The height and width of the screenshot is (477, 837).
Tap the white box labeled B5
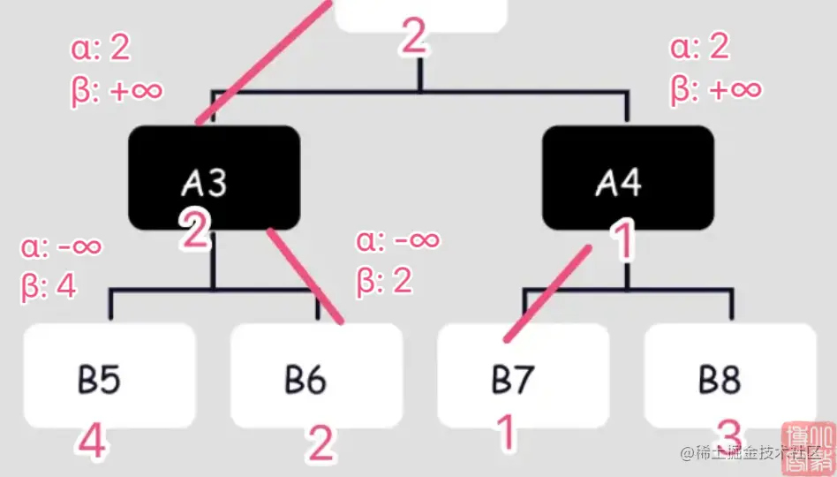tap(109, 375)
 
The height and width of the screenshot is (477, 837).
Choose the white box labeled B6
tap(316, 375)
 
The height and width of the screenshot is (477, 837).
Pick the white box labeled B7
tap(523, 375)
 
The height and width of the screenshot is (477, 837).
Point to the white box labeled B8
tap(730, 375)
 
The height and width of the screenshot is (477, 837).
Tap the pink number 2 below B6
tap(320, 444)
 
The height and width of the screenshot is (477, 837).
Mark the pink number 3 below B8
tap(728, 435)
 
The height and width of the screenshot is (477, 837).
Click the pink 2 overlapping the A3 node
tap(195, 230)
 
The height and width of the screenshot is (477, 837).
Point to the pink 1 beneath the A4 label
tap(623, 240)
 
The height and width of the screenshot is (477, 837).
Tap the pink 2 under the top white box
tap(413, 38)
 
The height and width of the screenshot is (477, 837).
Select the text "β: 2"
tap(384, 281)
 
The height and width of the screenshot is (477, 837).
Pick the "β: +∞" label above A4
tap(715, 88)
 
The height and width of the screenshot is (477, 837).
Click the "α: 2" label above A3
tap(101, 49)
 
